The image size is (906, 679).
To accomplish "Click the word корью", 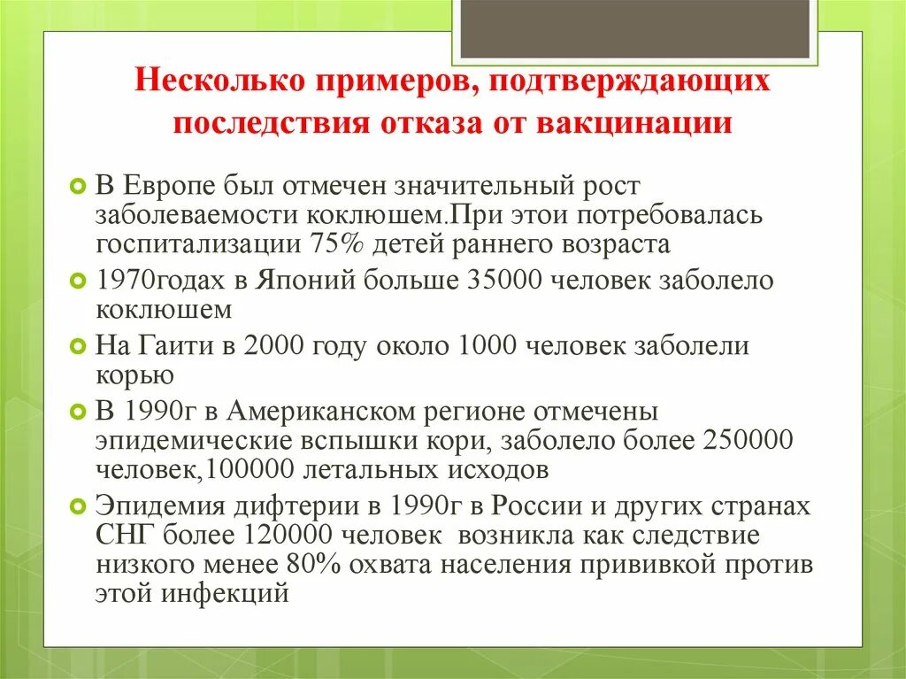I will coord(134,374).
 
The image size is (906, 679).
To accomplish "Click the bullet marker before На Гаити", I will coord(77,345).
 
